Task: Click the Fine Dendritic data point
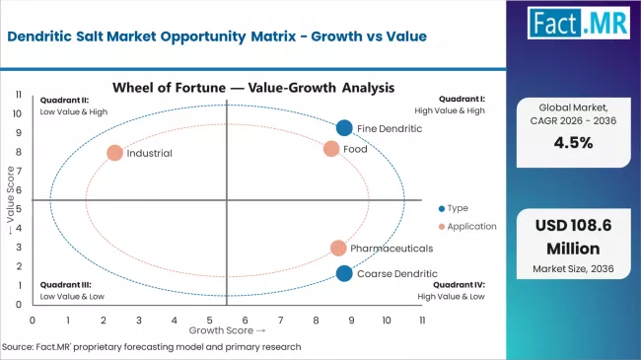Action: click(343, 127)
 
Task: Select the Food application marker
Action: click(331, 149)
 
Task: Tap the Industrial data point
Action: click(114, 153)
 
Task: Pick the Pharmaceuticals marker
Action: click(338, 249)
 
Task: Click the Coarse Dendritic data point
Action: click(343, 273)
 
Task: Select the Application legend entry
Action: click(466, 226)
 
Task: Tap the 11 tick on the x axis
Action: click(422, 321)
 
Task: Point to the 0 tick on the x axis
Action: click(33, 321)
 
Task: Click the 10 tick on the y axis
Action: click(18, 113)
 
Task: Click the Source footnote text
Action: click(152, 347)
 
